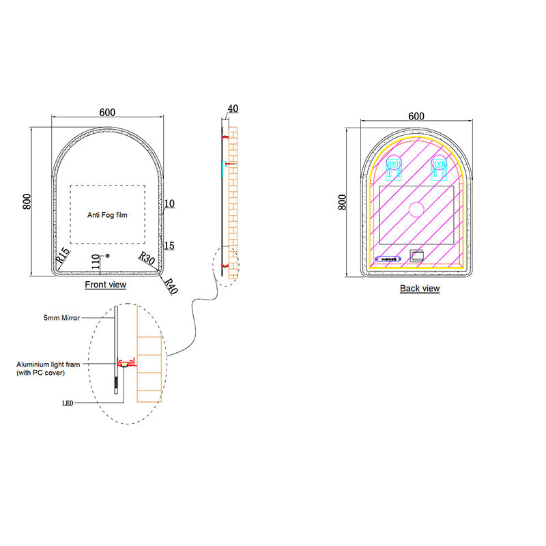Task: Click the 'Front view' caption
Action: [105, 285]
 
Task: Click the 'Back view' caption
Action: [420, 289]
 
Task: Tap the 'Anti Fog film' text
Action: [107, 215]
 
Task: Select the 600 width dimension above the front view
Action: [106, 113]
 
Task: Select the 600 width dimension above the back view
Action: [416, 116]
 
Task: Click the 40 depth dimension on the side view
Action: [233, 109]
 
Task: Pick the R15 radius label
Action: [63, 256]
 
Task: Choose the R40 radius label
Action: [171, 286]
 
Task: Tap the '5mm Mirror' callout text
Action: [62, 318]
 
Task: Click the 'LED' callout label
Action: [68, 403]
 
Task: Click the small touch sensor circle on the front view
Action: [108, 256]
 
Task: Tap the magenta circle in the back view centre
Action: [416, 209]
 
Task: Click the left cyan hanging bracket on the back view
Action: [393, 168]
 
